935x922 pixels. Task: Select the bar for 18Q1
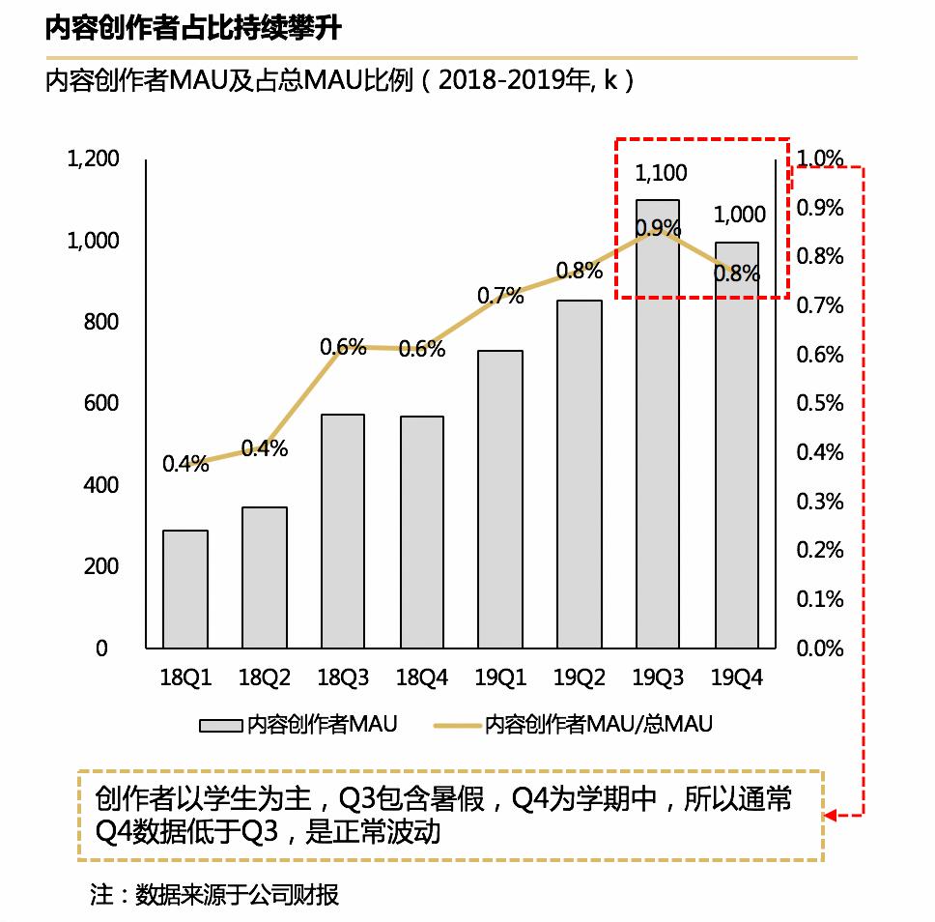tap(185, 589)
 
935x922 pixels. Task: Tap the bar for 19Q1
tap(500, 499)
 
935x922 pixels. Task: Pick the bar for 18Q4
tap(421, 532)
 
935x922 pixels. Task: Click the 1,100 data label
tap(661, 174)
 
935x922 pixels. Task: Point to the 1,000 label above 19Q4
tap(739, 215)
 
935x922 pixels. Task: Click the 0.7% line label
tap(500, 296)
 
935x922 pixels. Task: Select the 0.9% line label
tap(659, 228)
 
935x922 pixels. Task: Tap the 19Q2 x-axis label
tap(580, 678)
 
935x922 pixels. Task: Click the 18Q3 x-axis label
tap(344, 678)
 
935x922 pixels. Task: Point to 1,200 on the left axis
tap(93, 158)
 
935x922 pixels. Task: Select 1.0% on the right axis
tap(819, 158)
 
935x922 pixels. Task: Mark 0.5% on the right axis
tap(819, 403)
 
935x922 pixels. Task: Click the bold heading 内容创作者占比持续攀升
tap(193, 29)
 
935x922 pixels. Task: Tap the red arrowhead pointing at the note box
tap(832, 816)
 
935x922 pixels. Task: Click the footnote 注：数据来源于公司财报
tap(214, 894)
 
